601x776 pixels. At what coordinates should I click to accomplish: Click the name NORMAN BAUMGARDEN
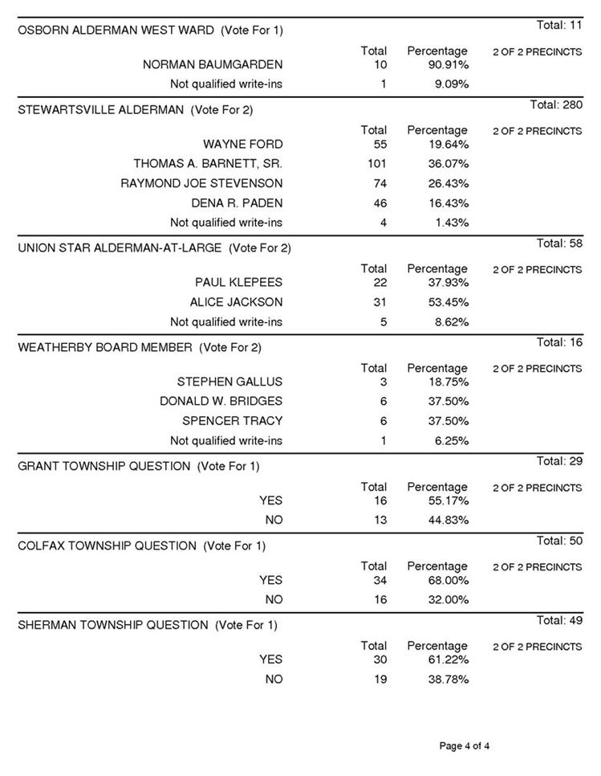click(x=212, y=64)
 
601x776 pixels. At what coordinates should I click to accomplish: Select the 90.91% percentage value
click(x=446, y=64)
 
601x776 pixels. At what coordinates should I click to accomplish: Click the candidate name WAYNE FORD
click(x=242, y=145)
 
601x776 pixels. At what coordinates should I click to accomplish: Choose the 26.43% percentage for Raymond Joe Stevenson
click(x=446, y=183)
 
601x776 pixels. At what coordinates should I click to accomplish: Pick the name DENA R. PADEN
click(x=237, y=203)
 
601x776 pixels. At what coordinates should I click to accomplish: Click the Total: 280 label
click(x=556, y=104)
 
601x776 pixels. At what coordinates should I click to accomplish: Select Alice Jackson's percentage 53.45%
click(x=446, y=302)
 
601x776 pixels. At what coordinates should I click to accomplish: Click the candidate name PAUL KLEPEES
click(x=238, y=283)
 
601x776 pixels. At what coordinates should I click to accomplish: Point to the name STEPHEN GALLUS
click(x=229, y=382)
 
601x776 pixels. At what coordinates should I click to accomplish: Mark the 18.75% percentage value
click(x=446, y=382)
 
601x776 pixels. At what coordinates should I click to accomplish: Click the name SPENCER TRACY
click(x=232, y=421)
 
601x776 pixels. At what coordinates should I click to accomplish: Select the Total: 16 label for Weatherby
click(x=559, y=342)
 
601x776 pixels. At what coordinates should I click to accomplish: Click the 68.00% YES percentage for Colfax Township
click(x=446, y=580)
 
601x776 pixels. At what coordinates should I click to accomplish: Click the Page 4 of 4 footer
click(x=464, y=746)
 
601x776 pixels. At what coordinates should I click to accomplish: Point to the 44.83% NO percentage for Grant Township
click(x=446, y=520)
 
